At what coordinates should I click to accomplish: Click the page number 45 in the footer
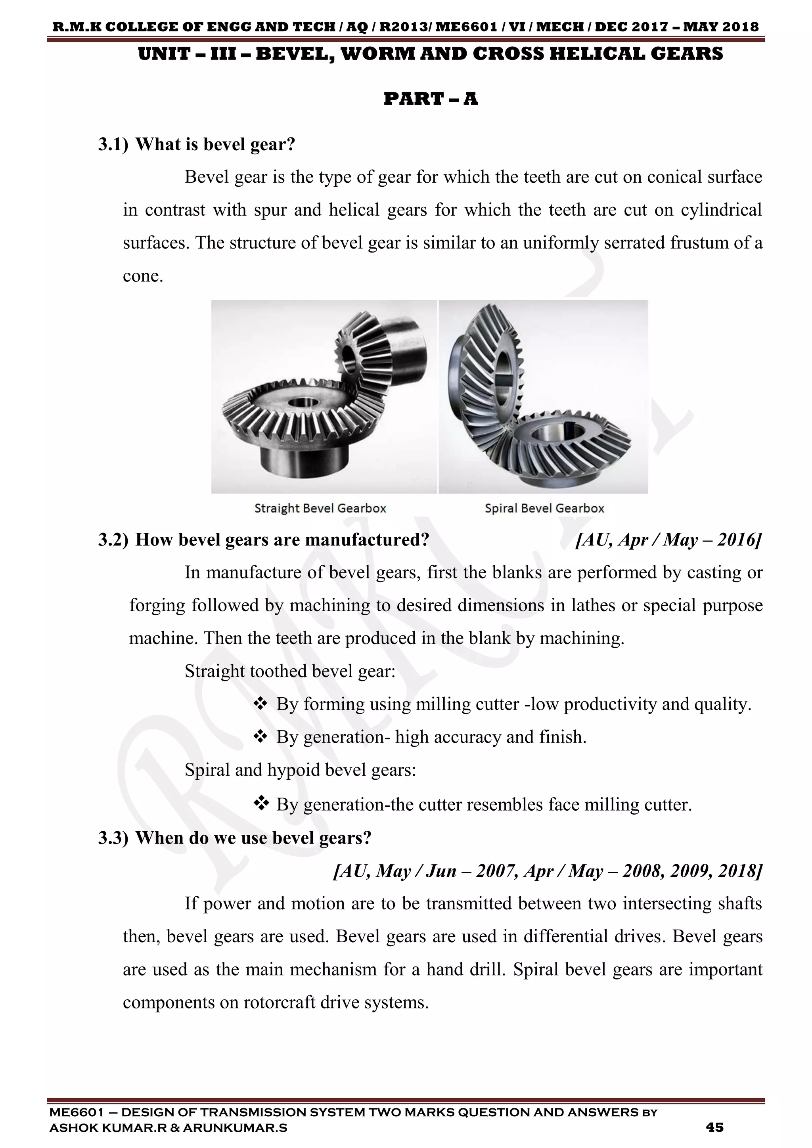tap(714, 1127)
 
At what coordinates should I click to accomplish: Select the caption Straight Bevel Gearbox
tap(320, 509)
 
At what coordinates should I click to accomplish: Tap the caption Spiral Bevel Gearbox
tap(544, 509)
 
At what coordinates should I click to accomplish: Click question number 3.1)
tap(113, 145)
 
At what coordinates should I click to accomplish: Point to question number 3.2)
tap(113, 540)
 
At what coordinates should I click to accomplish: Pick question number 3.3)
tap(113, 838)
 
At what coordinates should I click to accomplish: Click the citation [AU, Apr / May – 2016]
tap(668, 540)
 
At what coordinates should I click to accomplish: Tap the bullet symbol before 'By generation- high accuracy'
tap(260, 737)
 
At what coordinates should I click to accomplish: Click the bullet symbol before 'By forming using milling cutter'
tap(260, 704)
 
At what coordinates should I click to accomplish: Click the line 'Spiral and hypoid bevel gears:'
tap(300, 769)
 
